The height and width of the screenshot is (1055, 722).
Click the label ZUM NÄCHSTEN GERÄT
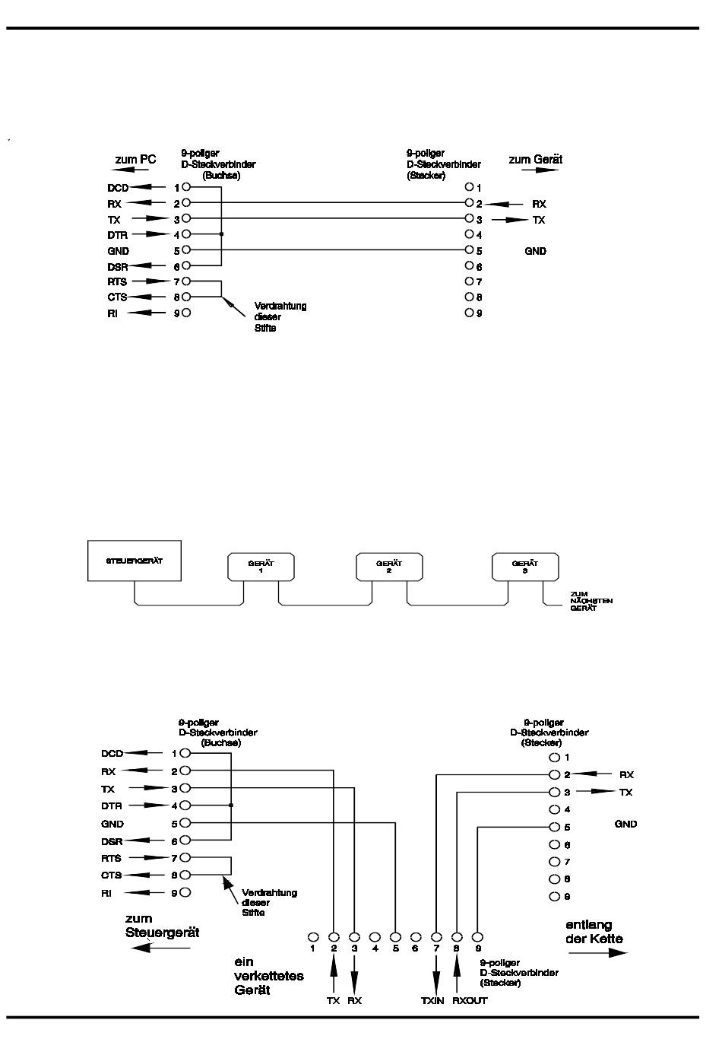591,601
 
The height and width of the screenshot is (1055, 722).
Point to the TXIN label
432,1000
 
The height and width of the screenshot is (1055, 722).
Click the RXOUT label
470,1000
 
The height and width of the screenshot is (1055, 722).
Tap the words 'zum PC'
135,159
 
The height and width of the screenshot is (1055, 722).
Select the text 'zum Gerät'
536,159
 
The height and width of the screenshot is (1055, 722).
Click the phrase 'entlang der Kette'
594,932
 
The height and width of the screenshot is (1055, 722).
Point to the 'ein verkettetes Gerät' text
269,976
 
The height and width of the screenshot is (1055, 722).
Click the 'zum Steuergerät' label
163,926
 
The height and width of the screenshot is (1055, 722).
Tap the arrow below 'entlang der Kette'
598,952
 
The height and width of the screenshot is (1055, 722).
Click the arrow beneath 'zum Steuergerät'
160,948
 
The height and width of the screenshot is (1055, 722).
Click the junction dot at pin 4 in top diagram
221,234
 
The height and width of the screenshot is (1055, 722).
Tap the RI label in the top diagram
112,313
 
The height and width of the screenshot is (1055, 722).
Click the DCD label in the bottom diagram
112,754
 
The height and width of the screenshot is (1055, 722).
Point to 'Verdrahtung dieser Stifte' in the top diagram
280,317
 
